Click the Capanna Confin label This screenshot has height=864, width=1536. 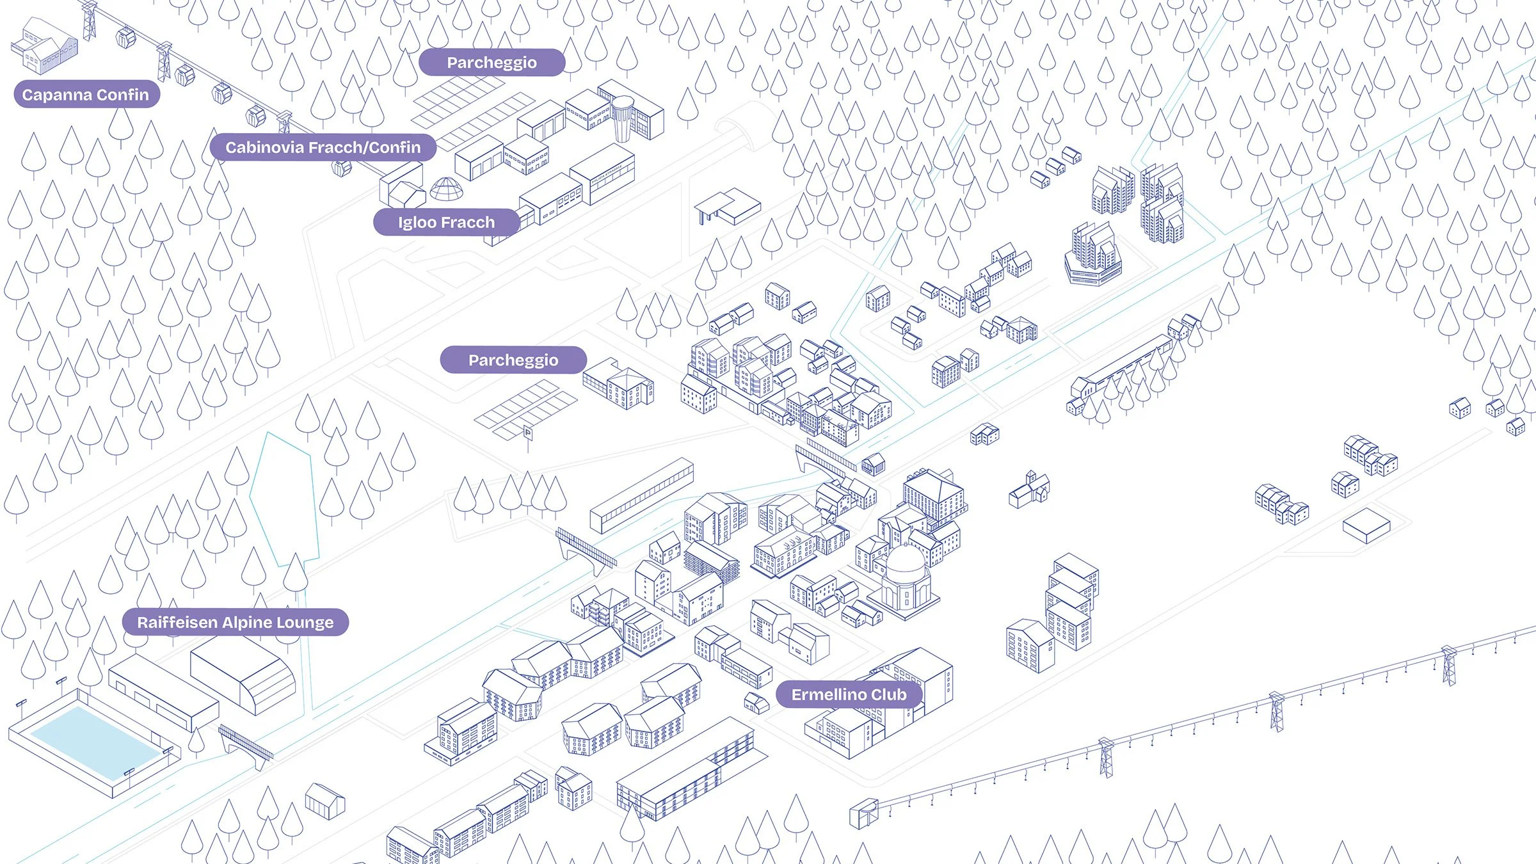click(86, 95)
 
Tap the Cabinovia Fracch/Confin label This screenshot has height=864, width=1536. click(323, 147)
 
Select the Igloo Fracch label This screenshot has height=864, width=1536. click(446, 222)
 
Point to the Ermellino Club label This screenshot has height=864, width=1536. click(849, 694)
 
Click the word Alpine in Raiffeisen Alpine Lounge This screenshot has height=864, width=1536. click(248, 623)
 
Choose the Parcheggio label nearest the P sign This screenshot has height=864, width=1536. click(513, 360)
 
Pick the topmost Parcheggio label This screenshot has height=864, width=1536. click(492, 62)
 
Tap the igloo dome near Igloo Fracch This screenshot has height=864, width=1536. click(446, 189)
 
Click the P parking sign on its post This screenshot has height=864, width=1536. click(528, 433)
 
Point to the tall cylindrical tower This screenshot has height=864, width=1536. click(623, 118)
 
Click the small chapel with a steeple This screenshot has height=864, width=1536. click(1029, 491)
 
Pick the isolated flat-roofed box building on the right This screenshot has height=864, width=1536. click(1366, 525)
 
